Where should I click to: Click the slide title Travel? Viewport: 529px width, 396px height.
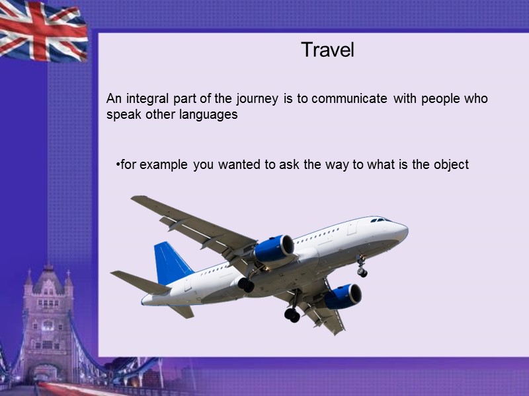pyautogui.click(x=327, y=49)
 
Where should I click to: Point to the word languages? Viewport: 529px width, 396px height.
pyautogui.click(x=210, y=114)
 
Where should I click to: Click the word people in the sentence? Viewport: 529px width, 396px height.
pyautogui.click(x=442, y=99)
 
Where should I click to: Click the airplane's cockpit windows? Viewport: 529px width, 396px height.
pyautogui.click(x=380, y=220)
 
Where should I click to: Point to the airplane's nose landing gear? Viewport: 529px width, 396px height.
pyautogui.click(x=362, y=267)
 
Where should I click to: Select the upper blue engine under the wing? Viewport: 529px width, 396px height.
pyautogui.click(x=273, y=248)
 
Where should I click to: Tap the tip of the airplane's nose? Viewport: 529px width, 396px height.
pyautogui.click(x=407, y=231)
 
